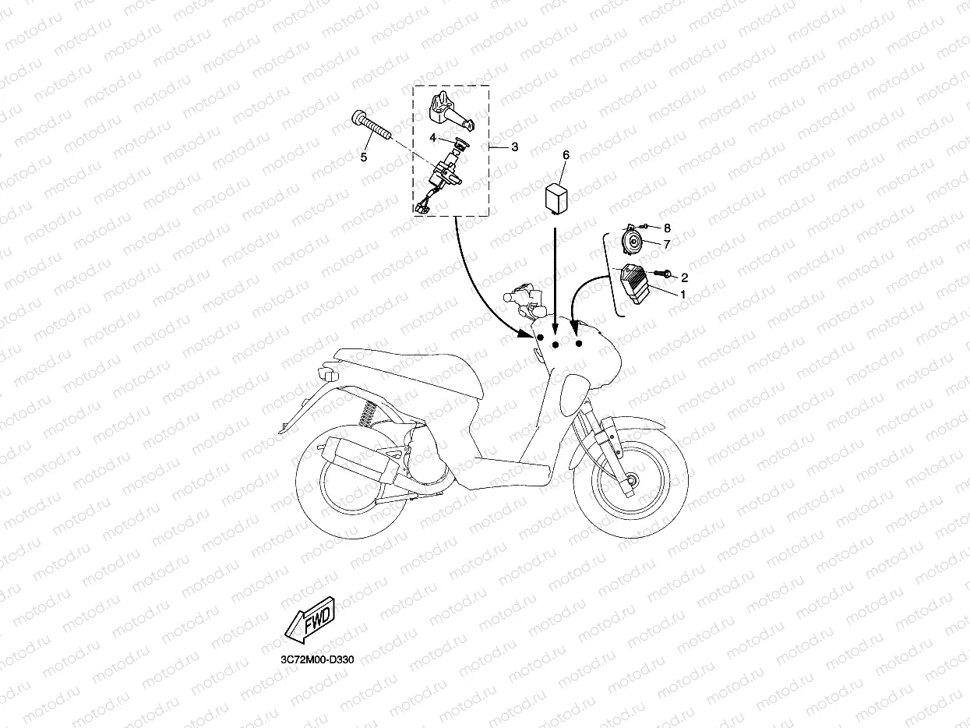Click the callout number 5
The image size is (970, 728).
click(364, 157)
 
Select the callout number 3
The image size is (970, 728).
click(514, 147)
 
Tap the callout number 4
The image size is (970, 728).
click(432, 138)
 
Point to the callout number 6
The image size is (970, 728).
click(566, 155)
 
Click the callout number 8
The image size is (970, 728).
click(667, 228)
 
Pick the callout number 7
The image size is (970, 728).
click(667, 245)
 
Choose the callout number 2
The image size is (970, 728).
click(684, 277)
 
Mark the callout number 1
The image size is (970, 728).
click(683, 294)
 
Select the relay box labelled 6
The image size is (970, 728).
click(556, 199)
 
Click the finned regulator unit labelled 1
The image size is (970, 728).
click(635, 284)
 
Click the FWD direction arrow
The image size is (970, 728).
click(310, 620)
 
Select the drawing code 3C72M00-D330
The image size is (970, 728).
click(317, 660)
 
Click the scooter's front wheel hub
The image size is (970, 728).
click(630, 480)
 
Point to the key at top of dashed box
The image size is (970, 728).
click(449, 111)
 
